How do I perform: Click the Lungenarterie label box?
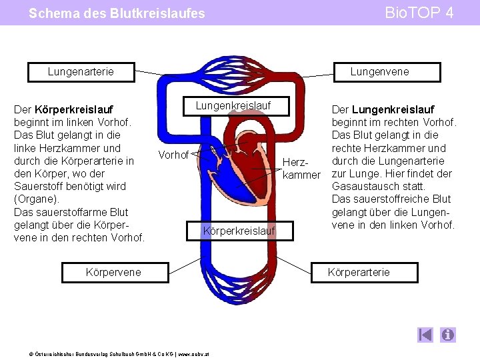coord(81,71)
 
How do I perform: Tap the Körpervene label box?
coord(113,271)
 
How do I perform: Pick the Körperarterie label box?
coord(359,271)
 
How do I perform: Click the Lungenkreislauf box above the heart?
coord(233,105)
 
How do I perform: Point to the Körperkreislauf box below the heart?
coord(239,231)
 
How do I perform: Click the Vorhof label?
coord(174,155)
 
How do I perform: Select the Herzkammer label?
coord(301,168)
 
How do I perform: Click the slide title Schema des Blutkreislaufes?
coord(117,13)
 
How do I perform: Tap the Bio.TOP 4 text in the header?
coord(421,13)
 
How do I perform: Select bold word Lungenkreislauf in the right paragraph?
coord(393,109)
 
